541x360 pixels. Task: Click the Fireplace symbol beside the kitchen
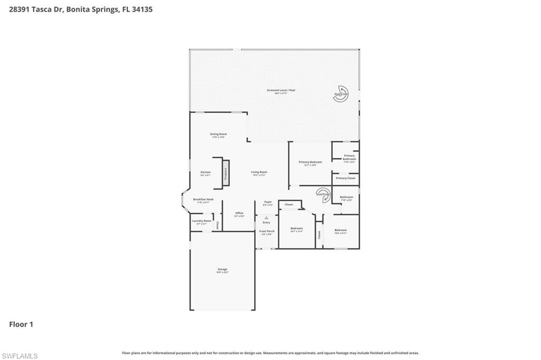tap(226, 173)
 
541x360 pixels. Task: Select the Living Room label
tap(259, 173)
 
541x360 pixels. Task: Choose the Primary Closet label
tap(346, 178)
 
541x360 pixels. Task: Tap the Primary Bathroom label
tap(349, 157)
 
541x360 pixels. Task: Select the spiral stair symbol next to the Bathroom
tap(323, 194)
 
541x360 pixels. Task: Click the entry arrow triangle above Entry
tap(266, 217)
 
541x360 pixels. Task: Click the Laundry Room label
tap(202, 222)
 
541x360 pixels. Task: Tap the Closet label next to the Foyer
tap(289, 204)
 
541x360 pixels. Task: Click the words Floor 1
tap(21, 325)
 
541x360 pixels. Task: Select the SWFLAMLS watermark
tap(20, 356)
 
